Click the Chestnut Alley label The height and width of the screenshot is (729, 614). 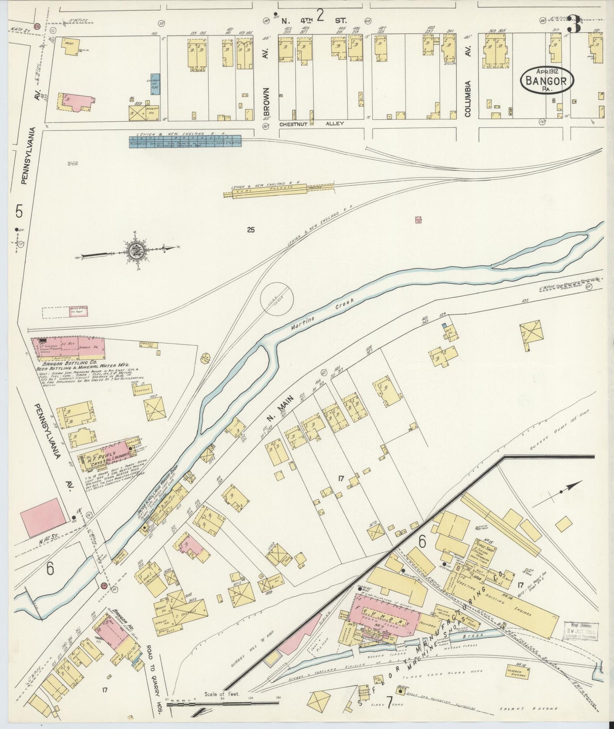point(311,124)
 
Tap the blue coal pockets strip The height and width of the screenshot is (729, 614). point(185,141)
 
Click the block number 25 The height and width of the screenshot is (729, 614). point(251,230)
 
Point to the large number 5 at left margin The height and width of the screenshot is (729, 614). point(18,211)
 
